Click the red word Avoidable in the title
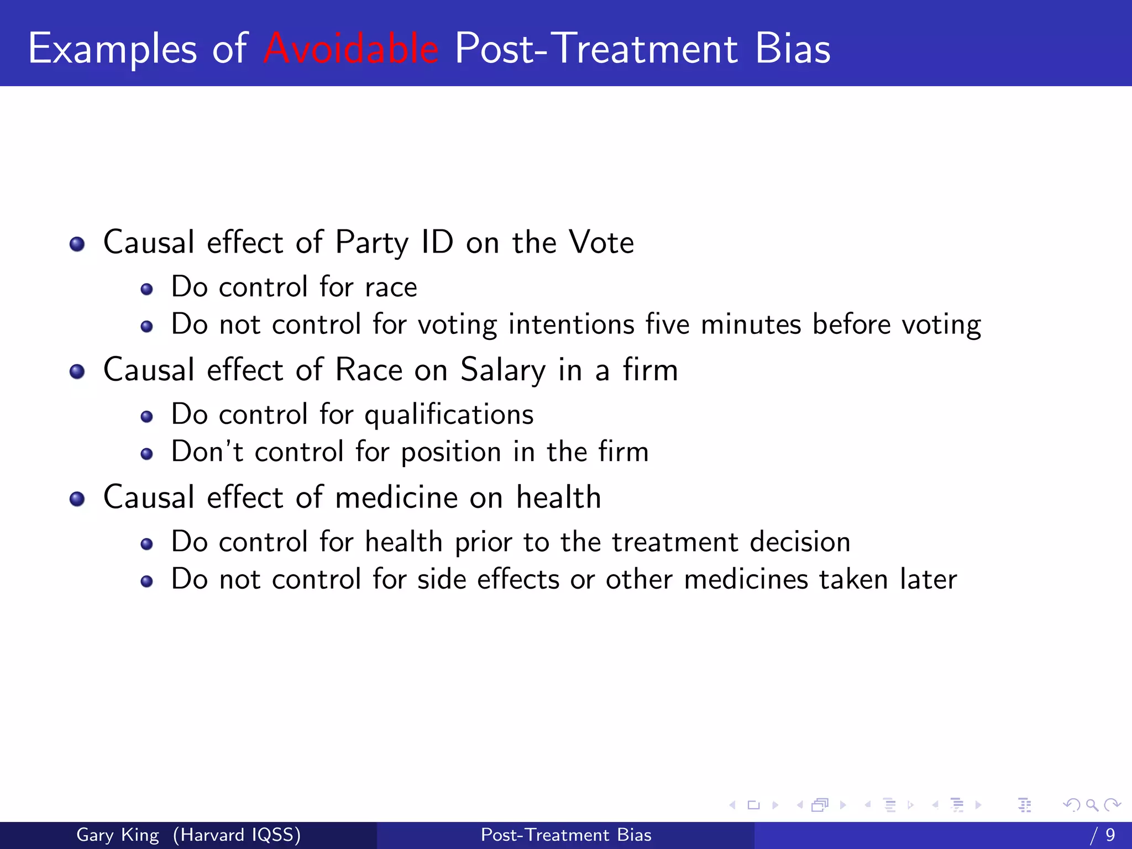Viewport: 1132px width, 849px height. pos(351,49)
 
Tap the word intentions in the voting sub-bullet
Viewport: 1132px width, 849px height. pos(571,324)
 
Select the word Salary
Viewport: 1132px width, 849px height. pos(503,370)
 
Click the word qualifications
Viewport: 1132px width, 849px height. pos(449,415)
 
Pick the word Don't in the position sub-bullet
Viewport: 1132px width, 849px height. pos(207,452)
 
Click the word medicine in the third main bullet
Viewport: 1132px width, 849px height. pos(396,497)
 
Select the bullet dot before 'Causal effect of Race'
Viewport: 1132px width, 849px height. pos(77,371)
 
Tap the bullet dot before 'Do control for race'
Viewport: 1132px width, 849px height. pos(146,289)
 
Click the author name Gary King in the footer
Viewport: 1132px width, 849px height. pos(117,835)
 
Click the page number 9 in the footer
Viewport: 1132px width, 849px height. pos(1110,835)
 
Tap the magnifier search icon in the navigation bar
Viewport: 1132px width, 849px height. pos(1092,805)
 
